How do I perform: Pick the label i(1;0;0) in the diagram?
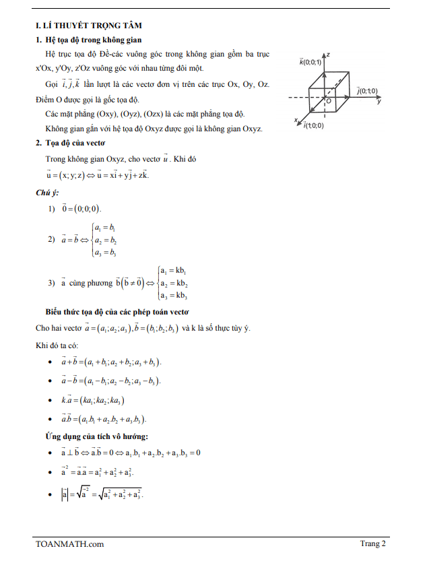point(313,125)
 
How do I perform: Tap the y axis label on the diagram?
point(379,102)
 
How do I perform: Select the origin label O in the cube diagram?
point(329,100)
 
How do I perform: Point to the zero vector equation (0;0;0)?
point(81,209)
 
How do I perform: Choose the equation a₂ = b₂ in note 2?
point(106,240)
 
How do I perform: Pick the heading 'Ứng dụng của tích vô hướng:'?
point(97,436)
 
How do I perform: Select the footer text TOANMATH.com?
point(70,544)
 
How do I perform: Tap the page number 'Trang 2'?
point(372,544)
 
